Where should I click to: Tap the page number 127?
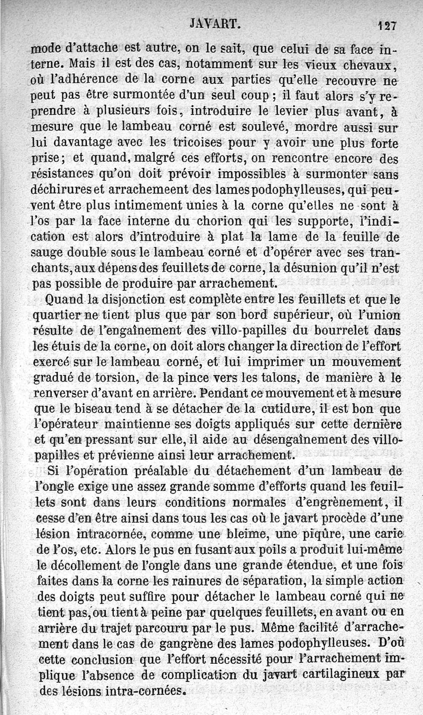coord(388,25)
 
